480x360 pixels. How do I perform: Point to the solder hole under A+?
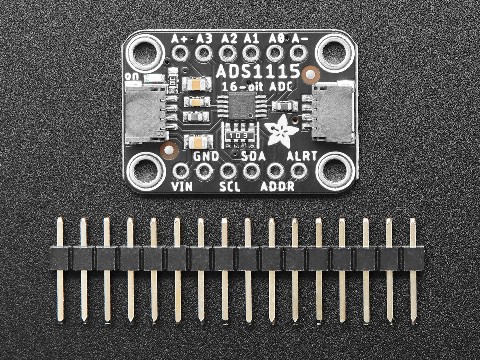coord(180,52)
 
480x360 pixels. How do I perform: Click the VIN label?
coord(181,187)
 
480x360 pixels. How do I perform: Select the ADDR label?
coord(278,187)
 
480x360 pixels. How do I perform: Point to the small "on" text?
coord(132,76)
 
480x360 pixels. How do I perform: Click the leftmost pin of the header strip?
coord(60,270)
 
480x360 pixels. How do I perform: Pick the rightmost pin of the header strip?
coord(413,270)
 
